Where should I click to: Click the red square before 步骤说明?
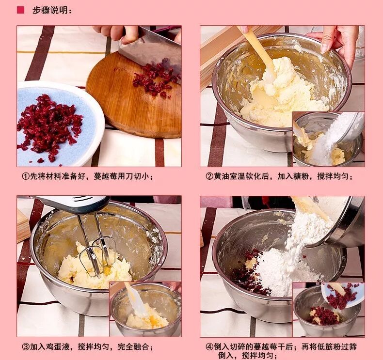pyautogui.click(x=20, y=10)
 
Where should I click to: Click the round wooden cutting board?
pyautogui.click(x=134, y=95)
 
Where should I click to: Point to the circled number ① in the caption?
pyautogui.click(x=25, y=176)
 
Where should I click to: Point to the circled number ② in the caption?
pyautogui.click(x=209, y=176)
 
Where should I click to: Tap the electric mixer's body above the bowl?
pyautogui.click(x=71, y=203)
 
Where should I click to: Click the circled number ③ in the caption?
pyautogui.click(x=25, y=346)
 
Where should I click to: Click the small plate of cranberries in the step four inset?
pyautogui.click(x=342, y=296)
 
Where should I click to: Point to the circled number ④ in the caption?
pyautogui.click(x=209, y=346)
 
